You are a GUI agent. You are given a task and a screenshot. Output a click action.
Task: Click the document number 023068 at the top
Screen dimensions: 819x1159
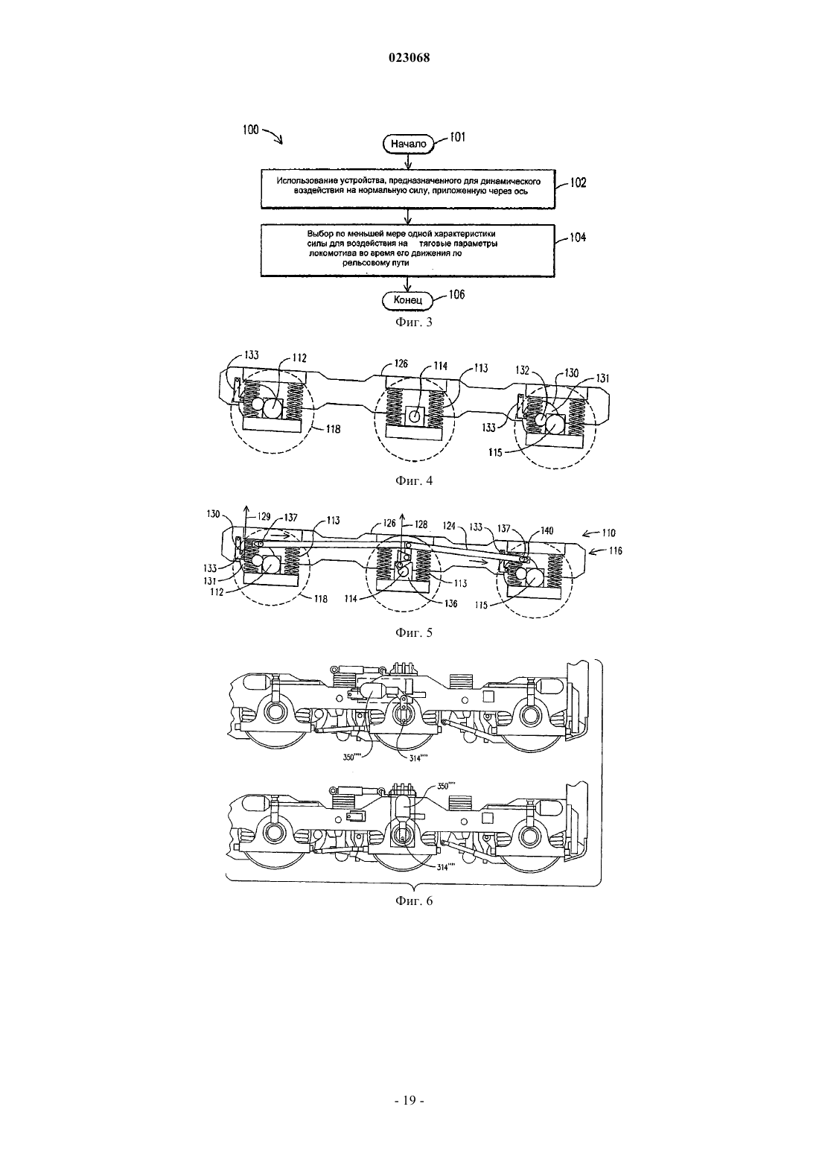[409, 58]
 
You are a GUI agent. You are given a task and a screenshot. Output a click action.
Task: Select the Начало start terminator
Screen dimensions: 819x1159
[409, 143]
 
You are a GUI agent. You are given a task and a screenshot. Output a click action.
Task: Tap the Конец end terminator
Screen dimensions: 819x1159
[408, 299]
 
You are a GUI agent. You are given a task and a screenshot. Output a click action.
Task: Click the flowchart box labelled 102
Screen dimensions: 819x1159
[408, 189]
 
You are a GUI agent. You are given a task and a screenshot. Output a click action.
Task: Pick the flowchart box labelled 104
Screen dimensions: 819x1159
[408, 250]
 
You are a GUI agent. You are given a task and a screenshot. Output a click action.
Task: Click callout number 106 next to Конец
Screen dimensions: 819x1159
[456, 294]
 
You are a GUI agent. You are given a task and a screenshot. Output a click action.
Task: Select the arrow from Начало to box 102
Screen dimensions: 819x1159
[409, 161]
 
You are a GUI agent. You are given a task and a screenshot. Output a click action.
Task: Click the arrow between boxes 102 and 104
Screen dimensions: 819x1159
[409, 216]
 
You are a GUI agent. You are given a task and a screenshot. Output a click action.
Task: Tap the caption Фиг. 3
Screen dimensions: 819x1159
[414, 323]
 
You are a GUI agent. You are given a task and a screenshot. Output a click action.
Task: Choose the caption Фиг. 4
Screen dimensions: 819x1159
[414, 480]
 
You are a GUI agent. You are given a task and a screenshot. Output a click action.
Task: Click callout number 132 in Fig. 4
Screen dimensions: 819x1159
[522, 370]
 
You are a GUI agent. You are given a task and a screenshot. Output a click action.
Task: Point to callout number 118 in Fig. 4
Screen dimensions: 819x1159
[334, 429]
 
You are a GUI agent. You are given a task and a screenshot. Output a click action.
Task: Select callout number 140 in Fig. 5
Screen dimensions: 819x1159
[546, 531]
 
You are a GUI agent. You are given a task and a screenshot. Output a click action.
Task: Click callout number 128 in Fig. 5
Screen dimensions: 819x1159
[421, 524]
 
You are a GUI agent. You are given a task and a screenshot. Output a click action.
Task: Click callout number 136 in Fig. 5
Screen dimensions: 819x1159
[450, 603]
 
